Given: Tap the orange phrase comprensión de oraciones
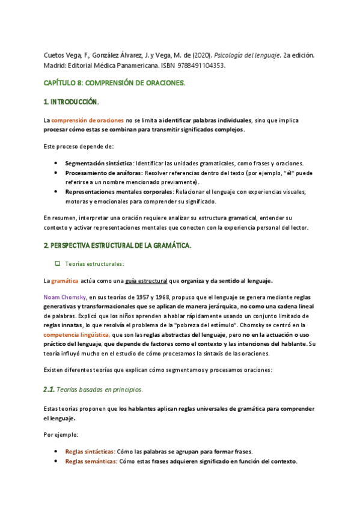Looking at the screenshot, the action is click(87, 121).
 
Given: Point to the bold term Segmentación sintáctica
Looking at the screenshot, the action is click(99, 163).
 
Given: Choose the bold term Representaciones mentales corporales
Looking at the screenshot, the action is click(118, 192).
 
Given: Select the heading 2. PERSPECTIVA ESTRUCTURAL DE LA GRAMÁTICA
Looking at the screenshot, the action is click(117, 246).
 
